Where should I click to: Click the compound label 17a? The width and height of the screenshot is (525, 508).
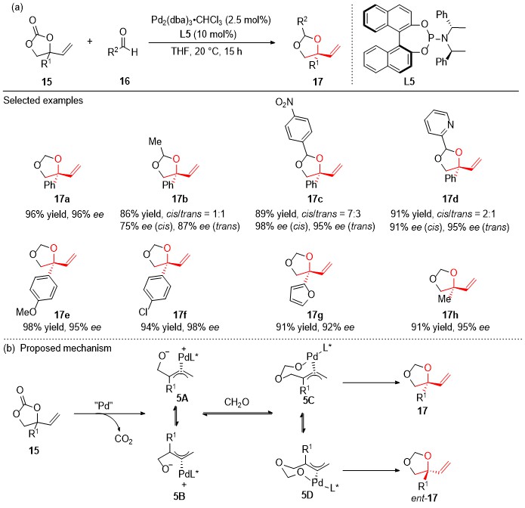pyautogui.click(x=62, y=199)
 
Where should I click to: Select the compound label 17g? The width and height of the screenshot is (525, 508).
pyautogui.click(x=315, y=314)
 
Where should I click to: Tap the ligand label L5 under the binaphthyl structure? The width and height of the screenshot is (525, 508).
pyautogui.click(x=409, y=81)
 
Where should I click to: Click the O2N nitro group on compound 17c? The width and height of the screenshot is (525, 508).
pyautogui.click(x=284, y=102)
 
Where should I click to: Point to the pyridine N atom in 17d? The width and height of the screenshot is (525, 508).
pyautogui.click(x=450, y=124)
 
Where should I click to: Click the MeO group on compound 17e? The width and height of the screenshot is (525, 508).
pyautogui.click(x=26, y=312)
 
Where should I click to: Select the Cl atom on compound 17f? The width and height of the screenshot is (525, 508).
pyautogui.click(x=143, y=312)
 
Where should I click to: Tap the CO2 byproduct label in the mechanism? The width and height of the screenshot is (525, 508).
pyautogui.click(x=124, y=438)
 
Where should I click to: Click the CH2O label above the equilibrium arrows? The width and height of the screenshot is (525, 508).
pyautogui.click(x=236, y=401)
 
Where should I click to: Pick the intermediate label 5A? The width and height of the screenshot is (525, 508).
pyautogui.click(x=182, y=398)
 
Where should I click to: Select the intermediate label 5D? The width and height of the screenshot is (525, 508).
pyautogui.click(x=307, y=494)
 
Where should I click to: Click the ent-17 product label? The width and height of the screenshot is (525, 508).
pyautogui.click(x=425, y=497)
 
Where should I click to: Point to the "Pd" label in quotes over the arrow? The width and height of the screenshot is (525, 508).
pyautogui.click(x=103, y=405)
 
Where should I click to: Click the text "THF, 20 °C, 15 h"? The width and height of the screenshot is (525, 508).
pyautogui.click(x=206, y=51)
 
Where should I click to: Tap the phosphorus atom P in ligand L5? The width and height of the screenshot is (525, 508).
pyautogui.click(x=431, y=39)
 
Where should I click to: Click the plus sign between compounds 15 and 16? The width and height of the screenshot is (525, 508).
pyautogui.click(x=89, y=42)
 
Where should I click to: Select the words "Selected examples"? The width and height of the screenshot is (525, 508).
pyautogui.click(x=43, y=101)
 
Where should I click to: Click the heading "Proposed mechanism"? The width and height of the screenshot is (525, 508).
pyautogui.click(x=66, y=348)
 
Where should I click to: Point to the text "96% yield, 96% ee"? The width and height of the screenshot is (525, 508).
pyautogui.click(x=65, y=214)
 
